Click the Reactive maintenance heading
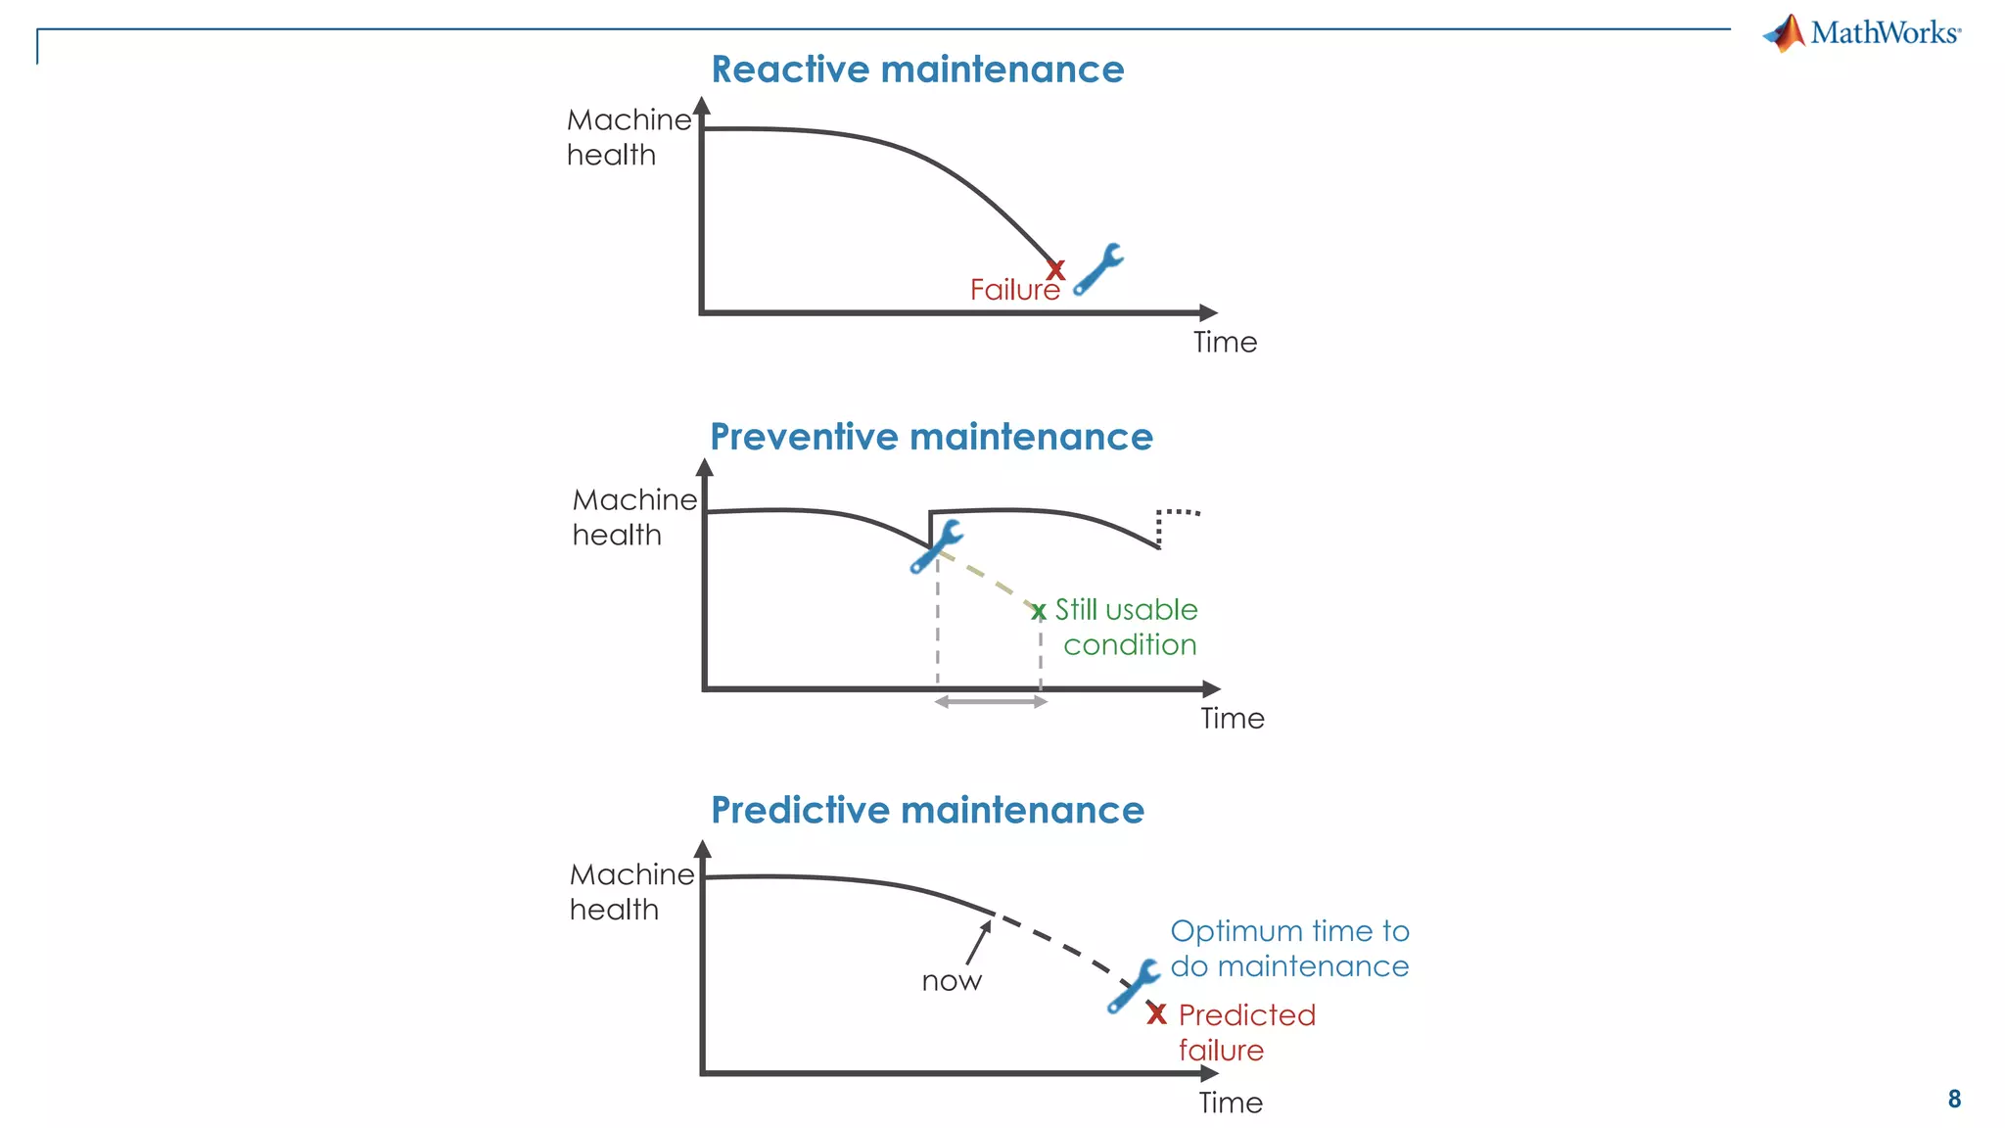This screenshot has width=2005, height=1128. pyautogui.click(x=917, y=70)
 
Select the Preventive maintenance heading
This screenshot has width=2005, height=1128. pyautogui.click(x=931, y=437)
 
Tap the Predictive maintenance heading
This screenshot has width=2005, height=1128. pyautogui.click(x=927, y=811)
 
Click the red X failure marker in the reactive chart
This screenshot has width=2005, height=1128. pyautogui.click(x=1055, y=269)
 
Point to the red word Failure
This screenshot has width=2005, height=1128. pyautogui.click(x=1014, y=290)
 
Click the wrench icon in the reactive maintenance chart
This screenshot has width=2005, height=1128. pyautogui.click(x=1098, y=269)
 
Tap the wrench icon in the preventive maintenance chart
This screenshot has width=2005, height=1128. pyautogui.click(x=937, y=546)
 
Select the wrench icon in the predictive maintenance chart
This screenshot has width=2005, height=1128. pyautogui.click(x=1133, y=986)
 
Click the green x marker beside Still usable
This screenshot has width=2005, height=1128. pyautogui.click(x=1039, y=612)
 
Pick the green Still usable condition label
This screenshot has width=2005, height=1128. pyautogui.click(x=1127, y=627)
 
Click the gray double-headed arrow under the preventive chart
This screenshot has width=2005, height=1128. pyautogui.click(x=991, y=702)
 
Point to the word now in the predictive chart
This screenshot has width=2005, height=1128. pyautogui.click(x=951, y=981)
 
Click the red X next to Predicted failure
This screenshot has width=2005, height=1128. pyautogui.click(x=1156, y=1013)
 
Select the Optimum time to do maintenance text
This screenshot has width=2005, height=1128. pyautogui.click(x=1289, y=948)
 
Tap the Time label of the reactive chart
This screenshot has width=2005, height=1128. pyautogui.click(x=1225, y=343)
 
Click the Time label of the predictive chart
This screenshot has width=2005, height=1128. pyautogui.click(x=1231, y=1104)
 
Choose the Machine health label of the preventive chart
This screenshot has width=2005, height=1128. pyautogui.click(x=633, y=517)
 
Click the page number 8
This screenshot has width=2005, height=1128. pyautogui.click(x=1954, y=1099)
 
